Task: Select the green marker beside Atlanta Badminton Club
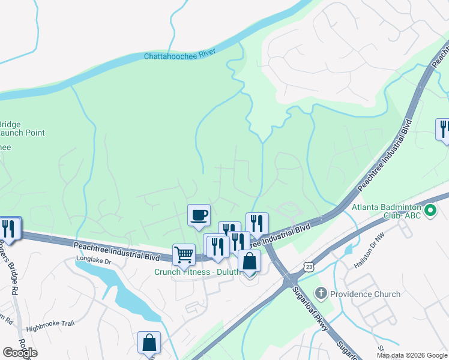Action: pos(430,211)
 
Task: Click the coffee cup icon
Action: pos(199,215)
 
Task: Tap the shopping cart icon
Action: pos(184,254)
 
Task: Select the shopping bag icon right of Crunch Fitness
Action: pos(249,261)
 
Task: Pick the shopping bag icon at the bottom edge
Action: pos(149,343)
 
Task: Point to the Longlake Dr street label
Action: pos(94,260)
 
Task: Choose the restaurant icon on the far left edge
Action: pos(9,228)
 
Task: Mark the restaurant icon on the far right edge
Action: pos(444,129)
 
